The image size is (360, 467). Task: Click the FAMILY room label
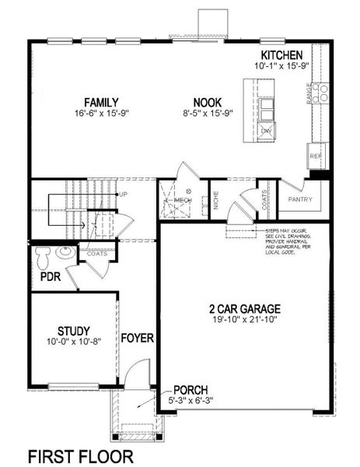point(102,102)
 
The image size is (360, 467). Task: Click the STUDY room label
point(74,330)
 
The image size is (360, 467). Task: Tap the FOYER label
point(137,339)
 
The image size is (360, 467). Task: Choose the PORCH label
point(190,389)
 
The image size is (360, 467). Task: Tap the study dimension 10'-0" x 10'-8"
point(74,342)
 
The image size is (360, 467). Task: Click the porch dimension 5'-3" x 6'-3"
point(191,400)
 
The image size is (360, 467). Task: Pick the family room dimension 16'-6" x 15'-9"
point(102,114)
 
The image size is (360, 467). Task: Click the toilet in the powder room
point(47,254)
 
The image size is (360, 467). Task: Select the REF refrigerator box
point(315,156)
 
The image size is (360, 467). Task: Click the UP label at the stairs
point(121,194)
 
